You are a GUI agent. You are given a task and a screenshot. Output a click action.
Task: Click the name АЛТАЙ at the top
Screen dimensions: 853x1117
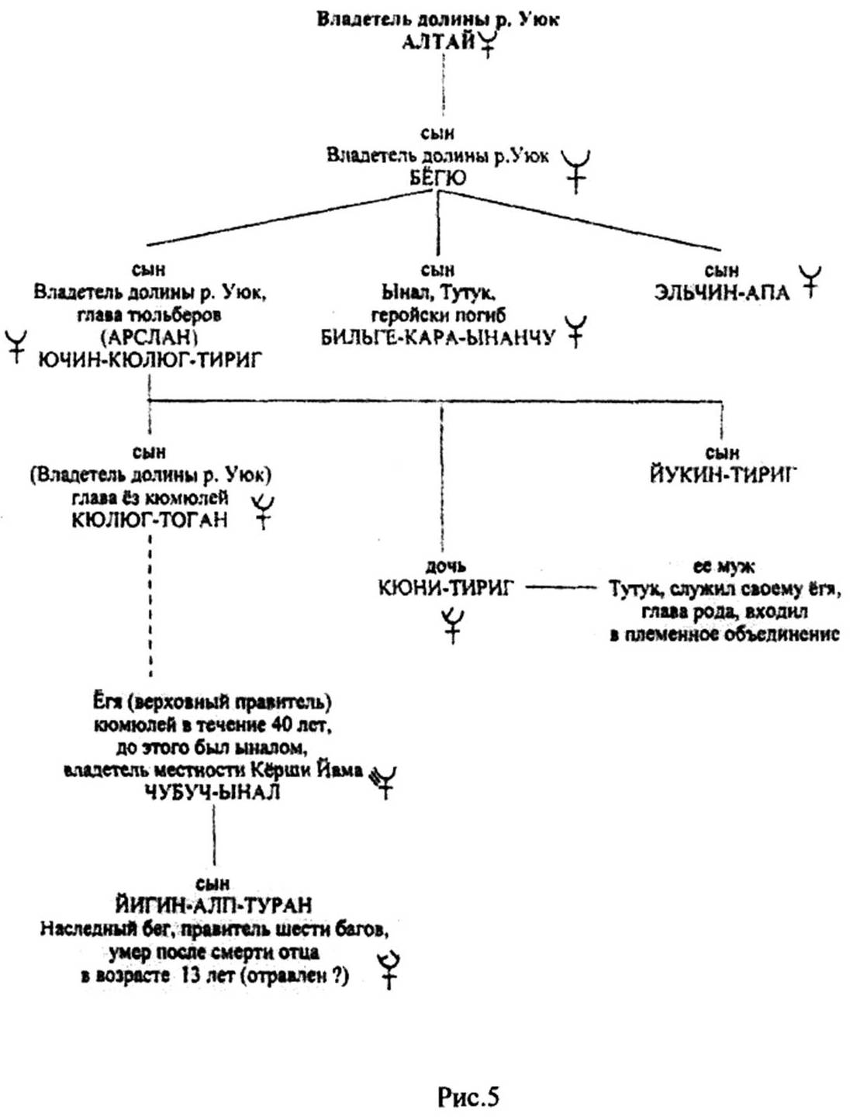[x=437, y=42]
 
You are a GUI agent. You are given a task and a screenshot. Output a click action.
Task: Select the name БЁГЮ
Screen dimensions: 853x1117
[x=438, y=178]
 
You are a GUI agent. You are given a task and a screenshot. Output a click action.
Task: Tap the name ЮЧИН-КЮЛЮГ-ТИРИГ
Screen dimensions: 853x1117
[x=150, y=361]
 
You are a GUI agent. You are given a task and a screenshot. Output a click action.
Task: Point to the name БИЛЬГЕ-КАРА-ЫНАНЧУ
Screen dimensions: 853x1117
[x=438, y=337]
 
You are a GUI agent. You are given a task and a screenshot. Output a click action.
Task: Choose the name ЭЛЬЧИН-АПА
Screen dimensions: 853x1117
[x=722, y=293]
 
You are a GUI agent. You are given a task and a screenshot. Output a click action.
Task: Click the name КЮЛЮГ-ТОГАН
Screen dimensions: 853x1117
[x=150, y=520]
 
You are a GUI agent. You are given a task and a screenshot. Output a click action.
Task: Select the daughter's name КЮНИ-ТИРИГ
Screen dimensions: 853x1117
[x=447, y=588]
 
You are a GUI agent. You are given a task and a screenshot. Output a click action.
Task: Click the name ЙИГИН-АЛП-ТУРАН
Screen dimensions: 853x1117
[x=214, y=905]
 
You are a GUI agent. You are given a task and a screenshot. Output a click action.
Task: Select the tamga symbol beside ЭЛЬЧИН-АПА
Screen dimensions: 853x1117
[x=810, y=281]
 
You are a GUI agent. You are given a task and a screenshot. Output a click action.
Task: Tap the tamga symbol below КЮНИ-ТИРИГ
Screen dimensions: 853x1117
[x=453, y=627]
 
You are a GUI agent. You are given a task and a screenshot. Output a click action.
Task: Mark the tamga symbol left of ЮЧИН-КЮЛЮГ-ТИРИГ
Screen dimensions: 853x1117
[x=16, y=346]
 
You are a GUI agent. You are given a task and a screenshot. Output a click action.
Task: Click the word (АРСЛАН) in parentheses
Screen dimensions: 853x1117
[x=150, y=338]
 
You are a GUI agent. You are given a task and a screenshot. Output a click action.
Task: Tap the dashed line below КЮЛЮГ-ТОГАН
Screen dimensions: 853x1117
[x=150, y=606]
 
